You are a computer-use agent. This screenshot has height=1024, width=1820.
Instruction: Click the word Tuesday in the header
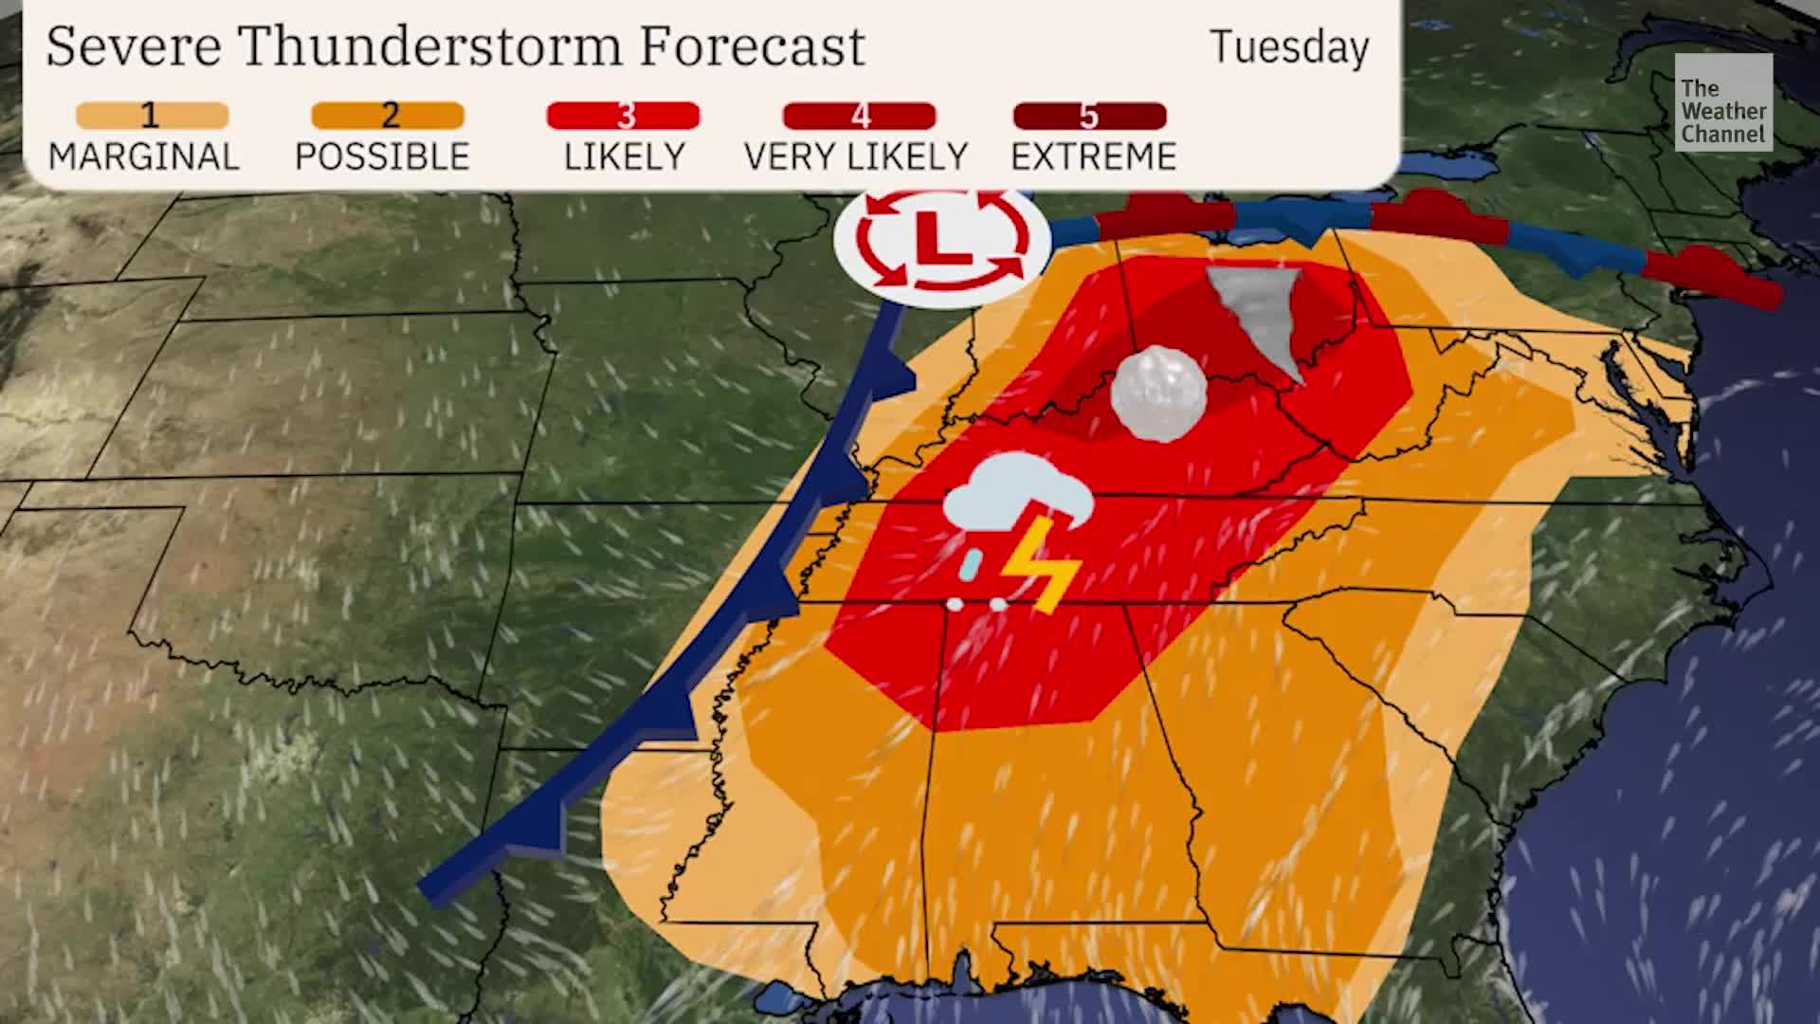[1289, 47]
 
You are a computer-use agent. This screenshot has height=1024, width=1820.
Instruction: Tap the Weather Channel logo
[1722, 102]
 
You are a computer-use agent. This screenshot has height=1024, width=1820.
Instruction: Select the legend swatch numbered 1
[152, 116]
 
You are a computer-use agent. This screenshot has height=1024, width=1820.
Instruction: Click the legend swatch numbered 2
[388, 116]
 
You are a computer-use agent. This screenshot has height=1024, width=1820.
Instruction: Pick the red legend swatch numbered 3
[623, 116]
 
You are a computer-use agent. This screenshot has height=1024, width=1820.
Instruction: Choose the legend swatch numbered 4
[859, 116]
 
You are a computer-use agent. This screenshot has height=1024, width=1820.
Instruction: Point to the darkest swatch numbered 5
[1089, 116]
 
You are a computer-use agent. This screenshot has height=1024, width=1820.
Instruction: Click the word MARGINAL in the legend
[144, 156]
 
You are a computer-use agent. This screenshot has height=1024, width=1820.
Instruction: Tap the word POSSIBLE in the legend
[382, 156]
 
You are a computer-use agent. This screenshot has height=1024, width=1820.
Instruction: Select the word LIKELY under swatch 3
[624, 156]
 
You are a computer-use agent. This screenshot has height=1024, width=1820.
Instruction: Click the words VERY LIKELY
[856, 156]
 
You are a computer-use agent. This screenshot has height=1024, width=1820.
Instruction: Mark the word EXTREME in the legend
[1094, 156]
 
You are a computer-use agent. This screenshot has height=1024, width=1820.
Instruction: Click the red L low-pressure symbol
[942, 237]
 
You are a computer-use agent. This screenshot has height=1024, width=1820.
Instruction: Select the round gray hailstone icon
[1158, 393]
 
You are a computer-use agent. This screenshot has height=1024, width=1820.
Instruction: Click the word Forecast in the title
[752, 46]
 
